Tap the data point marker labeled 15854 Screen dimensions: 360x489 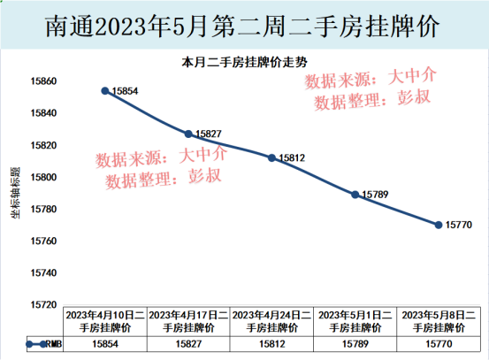(x=105, y=90)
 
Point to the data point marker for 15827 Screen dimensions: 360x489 (x=188, y=134)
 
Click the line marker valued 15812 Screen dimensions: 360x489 (x=271, y=157)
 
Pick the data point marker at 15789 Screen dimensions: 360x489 (x=355, y=194)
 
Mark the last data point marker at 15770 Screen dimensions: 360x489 (x=438, y=224)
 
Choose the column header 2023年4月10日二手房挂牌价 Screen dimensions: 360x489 (x=105, y=320)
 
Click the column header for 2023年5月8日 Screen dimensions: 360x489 (x=438, y=320)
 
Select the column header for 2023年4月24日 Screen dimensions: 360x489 (x=271, y=320)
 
